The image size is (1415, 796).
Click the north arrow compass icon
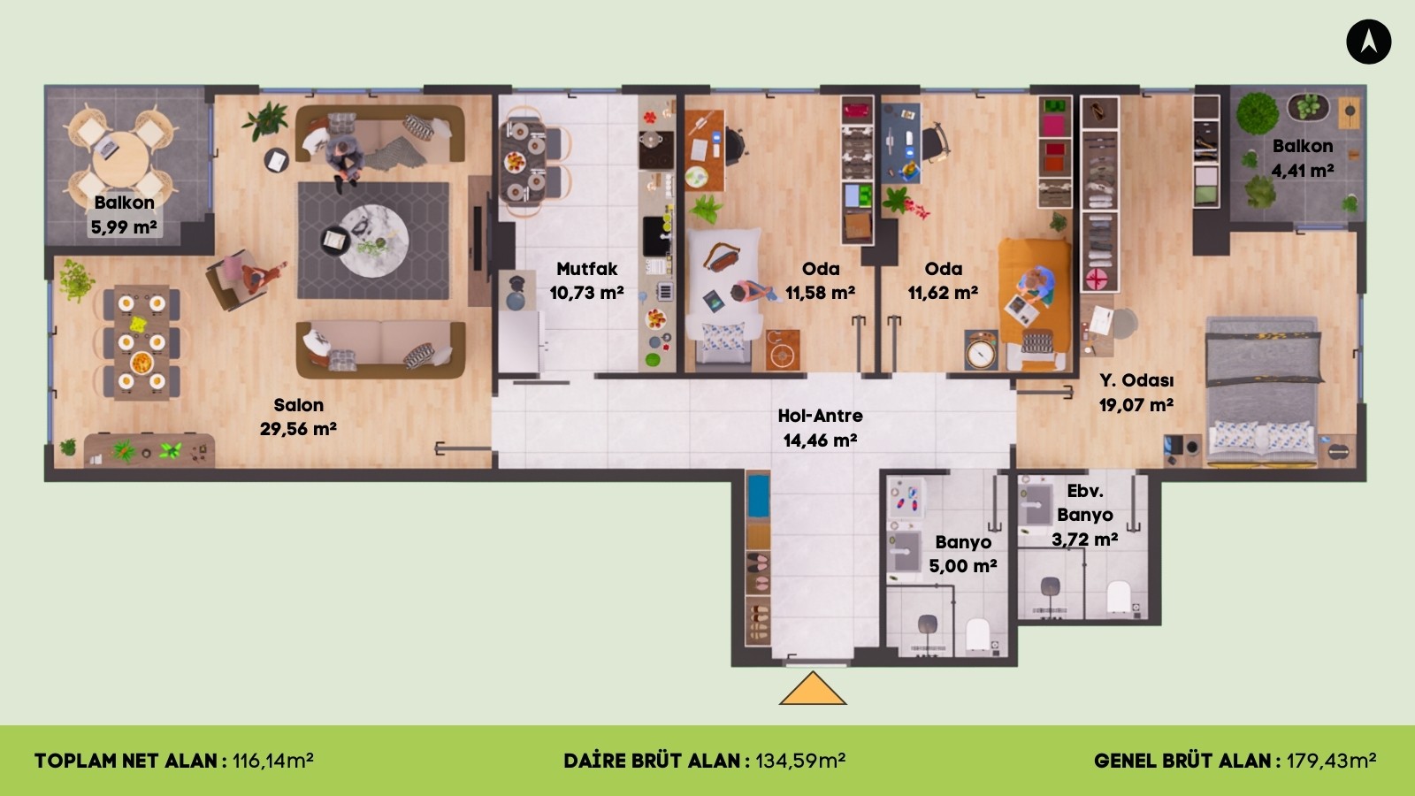[x=1368, y=42]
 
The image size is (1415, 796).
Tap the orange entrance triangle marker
[x=813, y=688]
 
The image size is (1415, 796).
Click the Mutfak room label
[x=587, y=269]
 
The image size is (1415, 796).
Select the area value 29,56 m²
[x=298, y=429]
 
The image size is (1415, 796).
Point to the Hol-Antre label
[x=820, y=416]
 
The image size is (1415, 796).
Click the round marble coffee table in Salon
[x=374, y=240]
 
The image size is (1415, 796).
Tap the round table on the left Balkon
[x=120, y=159]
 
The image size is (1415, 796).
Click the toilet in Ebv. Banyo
[x=1118, y=596]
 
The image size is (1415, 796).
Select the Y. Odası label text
[x=1136, y=380]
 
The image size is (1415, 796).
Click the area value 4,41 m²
[x=1303, y=171]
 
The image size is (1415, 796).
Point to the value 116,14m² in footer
[x=273, y=761]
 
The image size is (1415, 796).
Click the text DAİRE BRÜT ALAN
[x=653, y=761]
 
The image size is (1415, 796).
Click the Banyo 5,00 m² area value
[x=963, y=565]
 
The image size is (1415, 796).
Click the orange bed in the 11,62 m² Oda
[x=1035, y=303]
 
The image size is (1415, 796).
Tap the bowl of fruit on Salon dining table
[x=141, y=363]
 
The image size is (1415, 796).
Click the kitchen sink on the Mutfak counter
[x=655, y=236]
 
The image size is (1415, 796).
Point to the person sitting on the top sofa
[x=343, y=161]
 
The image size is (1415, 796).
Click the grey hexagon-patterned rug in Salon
[x=373, y=241]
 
